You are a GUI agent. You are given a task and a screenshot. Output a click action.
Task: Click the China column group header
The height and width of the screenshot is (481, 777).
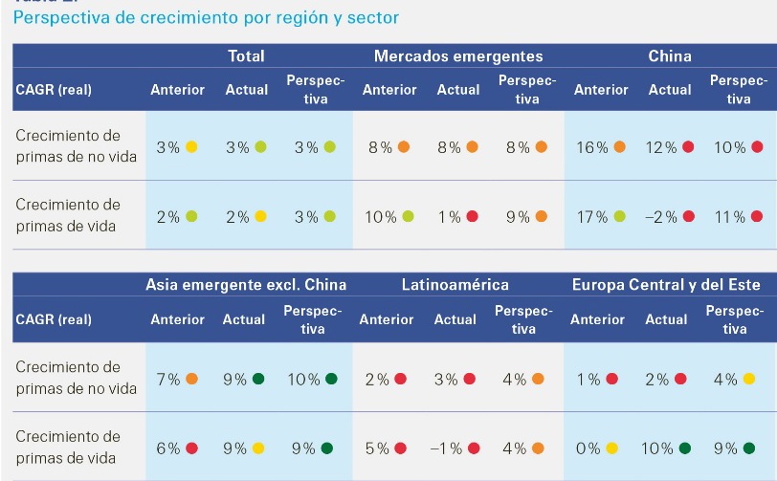(x=670, y=56)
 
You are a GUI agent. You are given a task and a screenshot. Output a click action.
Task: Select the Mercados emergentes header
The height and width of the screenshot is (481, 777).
(x=458, y=56)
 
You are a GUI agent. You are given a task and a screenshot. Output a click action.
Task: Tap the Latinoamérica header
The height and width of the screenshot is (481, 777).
(x=455, y=285)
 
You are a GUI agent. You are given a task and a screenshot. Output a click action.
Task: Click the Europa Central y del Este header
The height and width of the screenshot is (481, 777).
(x=666, y=285)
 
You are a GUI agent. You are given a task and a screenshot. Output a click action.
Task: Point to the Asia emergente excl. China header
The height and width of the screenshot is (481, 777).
(x=246, y=285)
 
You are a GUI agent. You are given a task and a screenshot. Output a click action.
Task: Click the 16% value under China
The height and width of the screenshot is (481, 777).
(x=589, y=147)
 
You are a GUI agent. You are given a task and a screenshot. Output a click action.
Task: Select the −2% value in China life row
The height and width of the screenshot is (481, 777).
(x=661, y=217)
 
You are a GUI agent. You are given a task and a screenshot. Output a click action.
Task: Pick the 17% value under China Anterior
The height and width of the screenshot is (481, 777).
(x=589, y=217)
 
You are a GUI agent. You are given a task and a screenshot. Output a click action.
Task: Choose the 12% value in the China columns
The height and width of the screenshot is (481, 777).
(x=662, y=147)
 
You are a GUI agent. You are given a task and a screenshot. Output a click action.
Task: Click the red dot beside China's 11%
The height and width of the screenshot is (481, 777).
(x=757, y=217)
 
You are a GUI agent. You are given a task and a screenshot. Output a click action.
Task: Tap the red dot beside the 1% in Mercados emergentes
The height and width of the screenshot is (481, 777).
(x=472, y=217)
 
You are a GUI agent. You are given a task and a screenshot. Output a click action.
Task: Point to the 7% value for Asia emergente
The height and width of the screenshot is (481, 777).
(x=168, y=379)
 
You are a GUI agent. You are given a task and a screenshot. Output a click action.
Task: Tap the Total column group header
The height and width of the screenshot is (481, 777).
(x=246, y=56)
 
